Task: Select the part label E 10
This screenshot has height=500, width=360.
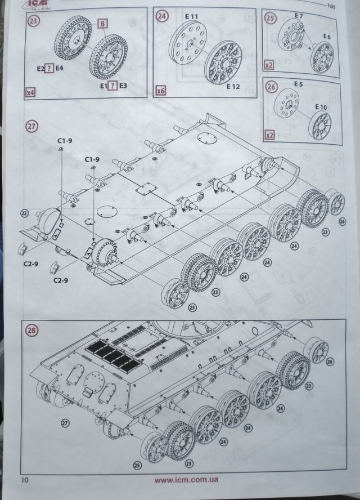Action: [x=321, y=107]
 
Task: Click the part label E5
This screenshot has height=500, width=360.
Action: [x=298, y=85]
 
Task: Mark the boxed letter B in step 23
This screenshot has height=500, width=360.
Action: [x=103, y=23]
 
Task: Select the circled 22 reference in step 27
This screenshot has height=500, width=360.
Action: [x=24, y=213]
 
